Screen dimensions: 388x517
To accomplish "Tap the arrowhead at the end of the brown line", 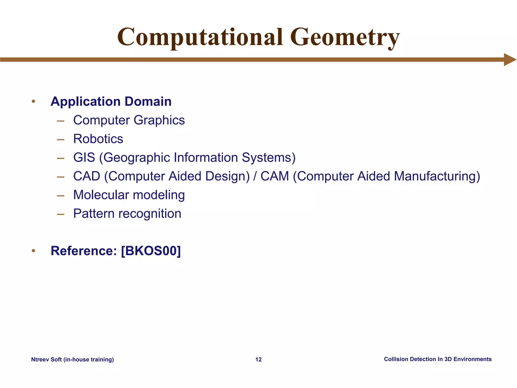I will point(509,60).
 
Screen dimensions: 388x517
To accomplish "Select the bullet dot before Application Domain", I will point(33,102).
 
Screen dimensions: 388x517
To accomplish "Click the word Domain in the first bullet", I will point(148,102).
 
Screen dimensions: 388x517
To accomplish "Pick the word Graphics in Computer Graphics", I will point(159,120).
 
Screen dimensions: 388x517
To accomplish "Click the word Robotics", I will point(98,139).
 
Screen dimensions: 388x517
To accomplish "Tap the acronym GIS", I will point(84,158).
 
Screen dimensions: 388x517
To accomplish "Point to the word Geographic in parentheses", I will point(137,158).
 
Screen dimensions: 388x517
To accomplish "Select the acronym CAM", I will point(275,176).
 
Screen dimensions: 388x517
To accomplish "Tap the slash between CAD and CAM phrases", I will point(255,176).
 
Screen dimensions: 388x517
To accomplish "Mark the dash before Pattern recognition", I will point(61,214).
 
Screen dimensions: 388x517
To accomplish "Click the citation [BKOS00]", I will point(151,251).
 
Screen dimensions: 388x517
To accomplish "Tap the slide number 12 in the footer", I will point(258,359).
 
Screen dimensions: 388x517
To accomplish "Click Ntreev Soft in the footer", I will point(46,359).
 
